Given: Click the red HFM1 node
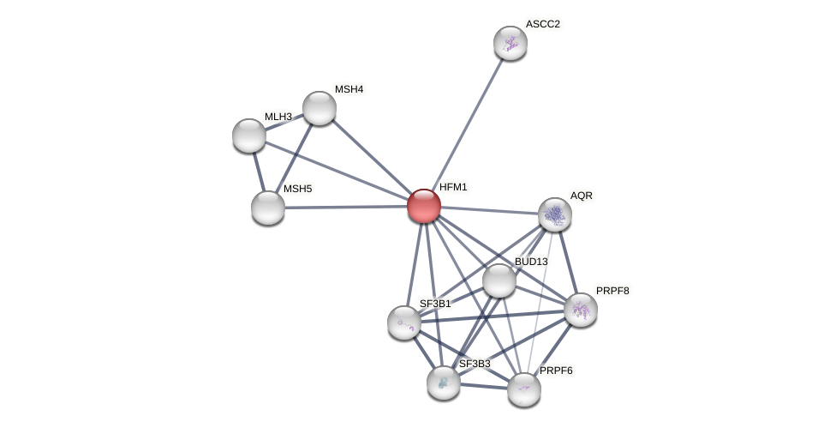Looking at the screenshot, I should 423,206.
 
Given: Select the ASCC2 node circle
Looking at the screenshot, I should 510,43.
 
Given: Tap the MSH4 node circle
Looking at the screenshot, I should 319,108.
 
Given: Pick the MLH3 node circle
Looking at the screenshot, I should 249,136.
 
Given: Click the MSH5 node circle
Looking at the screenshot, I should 268,208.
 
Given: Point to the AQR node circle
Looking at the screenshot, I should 555,214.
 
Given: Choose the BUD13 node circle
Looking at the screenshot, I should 499,280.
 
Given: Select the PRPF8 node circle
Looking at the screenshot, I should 581,310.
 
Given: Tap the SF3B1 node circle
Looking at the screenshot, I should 403,323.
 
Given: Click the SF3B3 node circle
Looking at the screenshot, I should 444,383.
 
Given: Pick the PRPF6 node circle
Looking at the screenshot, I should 524,389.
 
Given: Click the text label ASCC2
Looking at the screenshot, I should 542,24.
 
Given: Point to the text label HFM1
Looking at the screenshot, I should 453,187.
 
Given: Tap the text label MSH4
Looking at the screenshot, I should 349,89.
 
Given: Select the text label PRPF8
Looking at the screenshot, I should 612,291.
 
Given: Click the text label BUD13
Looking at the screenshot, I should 530,262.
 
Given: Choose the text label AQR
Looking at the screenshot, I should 582,196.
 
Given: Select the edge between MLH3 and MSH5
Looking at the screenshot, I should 259,172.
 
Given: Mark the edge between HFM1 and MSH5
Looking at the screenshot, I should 346,207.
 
